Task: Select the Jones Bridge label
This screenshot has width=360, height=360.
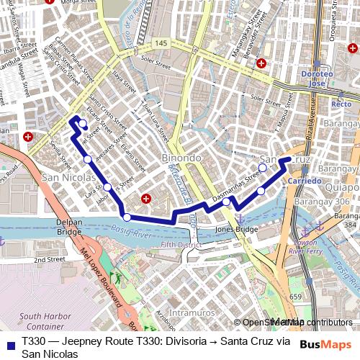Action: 237,230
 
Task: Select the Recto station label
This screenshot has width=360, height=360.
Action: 341,104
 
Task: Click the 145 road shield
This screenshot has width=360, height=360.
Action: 161,44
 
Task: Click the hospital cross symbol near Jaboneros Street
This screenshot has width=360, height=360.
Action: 146,198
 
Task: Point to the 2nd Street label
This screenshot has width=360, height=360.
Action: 50,259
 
